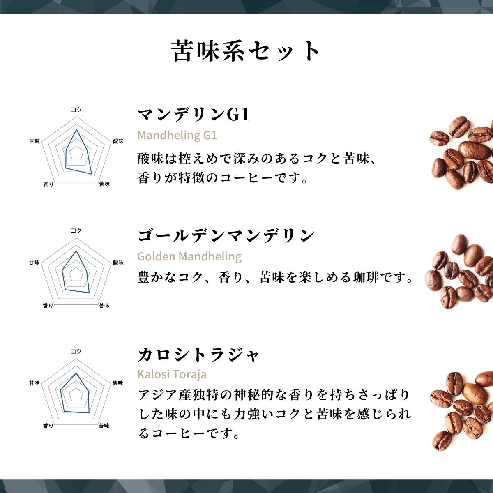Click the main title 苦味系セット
coord(245,51)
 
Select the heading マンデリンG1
coord(194,115)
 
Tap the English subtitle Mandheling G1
coord(177,135)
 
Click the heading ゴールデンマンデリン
coord(226,235)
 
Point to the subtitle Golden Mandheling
coord(189,256)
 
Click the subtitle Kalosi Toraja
coord(172,374)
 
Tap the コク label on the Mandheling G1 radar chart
coord(76,110)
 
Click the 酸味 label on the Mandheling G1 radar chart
coord(118,141)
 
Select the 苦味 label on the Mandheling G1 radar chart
coord(104,184)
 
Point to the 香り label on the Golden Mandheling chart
coord(48,306)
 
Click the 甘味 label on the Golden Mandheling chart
coord(34,263)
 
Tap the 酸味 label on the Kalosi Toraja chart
coord(117,383)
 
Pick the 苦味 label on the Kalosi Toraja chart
coord(104,426)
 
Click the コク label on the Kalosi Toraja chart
coord(76,352)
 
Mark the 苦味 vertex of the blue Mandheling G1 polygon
coord(92,174)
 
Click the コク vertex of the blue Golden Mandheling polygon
coord(76,251)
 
